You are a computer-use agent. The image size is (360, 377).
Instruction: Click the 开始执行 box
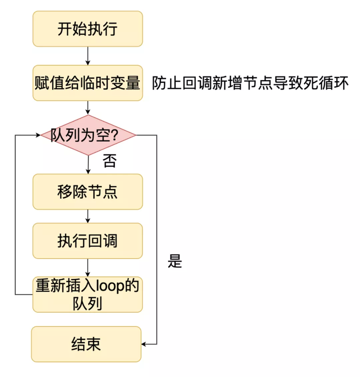click(88, 29)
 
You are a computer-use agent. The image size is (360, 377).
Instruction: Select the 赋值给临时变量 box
click(88, 83)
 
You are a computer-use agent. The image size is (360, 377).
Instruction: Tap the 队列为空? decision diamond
click(88, 135)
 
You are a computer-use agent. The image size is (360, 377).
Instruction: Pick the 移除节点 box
click(88, 192)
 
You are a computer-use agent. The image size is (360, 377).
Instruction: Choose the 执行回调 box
click(88, 241)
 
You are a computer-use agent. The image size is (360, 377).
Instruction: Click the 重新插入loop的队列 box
click(88, 294)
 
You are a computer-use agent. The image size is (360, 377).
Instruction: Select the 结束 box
click(86, 344)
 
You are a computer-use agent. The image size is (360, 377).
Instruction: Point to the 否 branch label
click(109, 161)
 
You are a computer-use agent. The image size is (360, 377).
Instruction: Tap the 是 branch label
click(175, 261)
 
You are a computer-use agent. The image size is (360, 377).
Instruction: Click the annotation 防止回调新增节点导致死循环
click(250, 83)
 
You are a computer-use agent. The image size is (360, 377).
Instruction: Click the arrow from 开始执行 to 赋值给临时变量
click(88, 56)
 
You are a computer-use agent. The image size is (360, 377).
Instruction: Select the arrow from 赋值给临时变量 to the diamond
click(88, 108)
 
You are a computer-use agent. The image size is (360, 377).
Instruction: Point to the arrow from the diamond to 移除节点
click(88, 165)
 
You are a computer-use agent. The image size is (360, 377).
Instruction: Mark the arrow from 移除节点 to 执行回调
click(88, 216)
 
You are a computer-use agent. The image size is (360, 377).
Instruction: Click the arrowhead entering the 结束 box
click(144, 344)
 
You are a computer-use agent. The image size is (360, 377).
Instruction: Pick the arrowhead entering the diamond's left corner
click(38, 135)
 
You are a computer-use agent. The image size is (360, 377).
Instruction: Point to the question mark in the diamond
click(114, 135)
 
